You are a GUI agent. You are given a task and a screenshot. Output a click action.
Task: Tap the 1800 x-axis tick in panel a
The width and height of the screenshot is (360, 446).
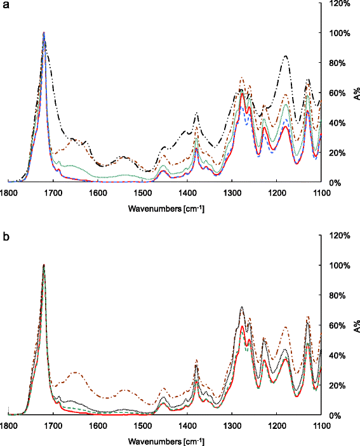click(x=8, y=192)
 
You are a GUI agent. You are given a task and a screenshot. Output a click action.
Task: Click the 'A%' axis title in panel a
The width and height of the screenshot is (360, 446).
click(x=357, y=94)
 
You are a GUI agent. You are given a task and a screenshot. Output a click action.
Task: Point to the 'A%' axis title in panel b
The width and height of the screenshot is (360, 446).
click(x=357, y=327)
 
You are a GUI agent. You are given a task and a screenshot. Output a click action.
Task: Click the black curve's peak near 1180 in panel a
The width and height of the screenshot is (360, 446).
click(x=286, y=56)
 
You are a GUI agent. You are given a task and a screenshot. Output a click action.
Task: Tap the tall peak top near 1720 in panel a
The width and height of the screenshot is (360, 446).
click(x=44, y=34)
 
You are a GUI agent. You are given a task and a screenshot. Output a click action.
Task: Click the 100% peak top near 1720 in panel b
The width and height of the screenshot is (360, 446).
click(x=44, y=266)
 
